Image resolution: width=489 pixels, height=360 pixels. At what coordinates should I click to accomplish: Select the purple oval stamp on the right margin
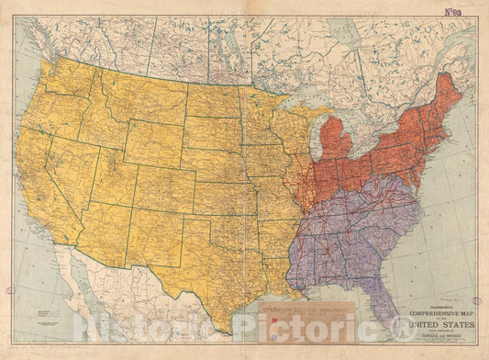[476, 300]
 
